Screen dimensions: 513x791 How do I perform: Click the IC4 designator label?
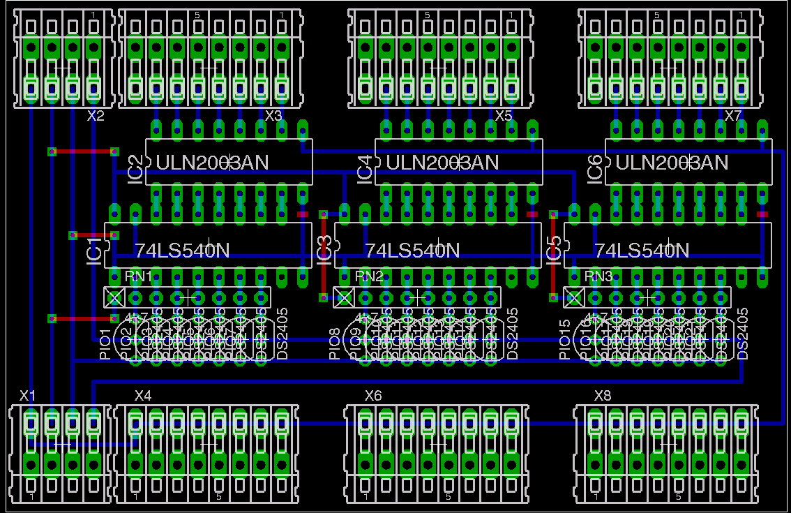[x=365, y=170]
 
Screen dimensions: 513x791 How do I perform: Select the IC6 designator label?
[x=594, y=170]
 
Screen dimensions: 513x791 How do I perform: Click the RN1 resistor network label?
[x=138, y=276]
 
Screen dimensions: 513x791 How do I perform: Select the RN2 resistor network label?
[x=369, y=276]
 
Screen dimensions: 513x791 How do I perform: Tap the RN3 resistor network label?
[x=598, y=276]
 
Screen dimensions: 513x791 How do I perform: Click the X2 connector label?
[x=96, y=116]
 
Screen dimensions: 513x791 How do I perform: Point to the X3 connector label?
[x=273, y=116]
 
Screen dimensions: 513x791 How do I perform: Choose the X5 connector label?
[x=503, y=116]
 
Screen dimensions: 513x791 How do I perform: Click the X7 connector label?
[x=733, y=116]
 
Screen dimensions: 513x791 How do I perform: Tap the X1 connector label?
[x=27, y=396]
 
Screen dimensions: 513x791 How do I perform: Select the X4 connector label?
[x=142, y=396]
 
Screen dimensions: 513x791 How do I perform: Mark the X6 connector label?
[x=373, y=396]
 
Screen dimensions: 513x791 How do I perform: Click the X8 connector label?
[x=602, y=396]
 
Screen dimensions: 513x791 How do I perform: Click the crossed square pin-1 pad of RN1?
[x=114, y=297]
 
